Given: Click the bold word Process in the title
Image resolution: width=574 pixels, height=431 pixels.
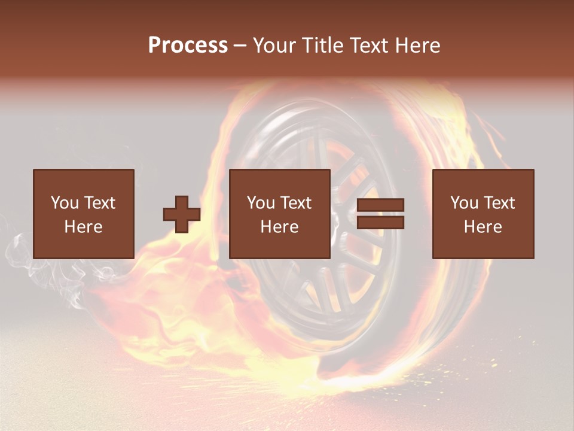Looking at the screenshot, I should (x=188, y=45).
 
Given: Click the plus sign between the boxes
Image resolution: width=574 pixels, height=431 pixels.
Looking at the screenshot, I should (x=182, y=214).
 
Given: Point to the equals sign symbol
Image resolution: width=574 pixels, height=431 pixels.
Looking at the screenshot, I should (x=380, y=214).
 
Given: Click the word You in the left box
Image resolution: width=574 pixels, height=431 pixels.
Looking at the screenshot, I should (x=65, y=203).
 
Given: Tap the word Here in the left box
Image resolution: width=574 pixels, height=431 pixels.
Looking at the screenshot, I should (x=84, y=227).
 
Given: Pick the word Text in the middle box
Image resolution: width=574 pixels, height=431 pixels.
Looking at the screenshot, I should (x=296, y=203).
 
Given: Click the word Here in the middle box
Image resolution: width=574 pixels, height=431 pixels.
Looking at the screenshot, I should (x=280, y=227).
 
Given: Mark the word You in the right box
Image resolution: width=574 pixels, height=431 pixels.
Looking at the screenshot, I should (x=464, y=203).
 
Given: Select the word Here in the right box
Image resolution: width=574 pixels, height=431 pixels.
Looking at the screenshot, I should (x=483, y=227).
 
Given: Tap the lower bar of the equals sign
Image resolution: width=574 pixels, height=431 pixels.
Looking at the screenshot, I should (x=380, y=223).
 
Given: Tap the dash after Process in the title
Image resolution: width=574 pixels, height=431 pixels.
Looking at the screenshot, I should (x=240, y=45).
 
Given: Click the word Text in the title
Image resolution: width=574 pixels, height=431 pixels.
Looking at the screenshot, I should (x=368, y=45).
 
